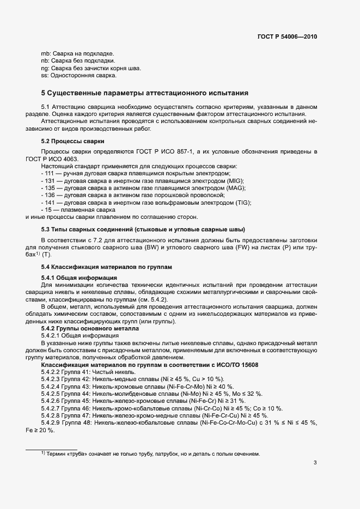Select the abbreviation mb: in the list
tap(46, 53)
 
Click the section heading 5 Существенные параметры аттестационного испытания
tap(145, 93)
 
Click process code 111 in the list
tap(50, 173)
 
